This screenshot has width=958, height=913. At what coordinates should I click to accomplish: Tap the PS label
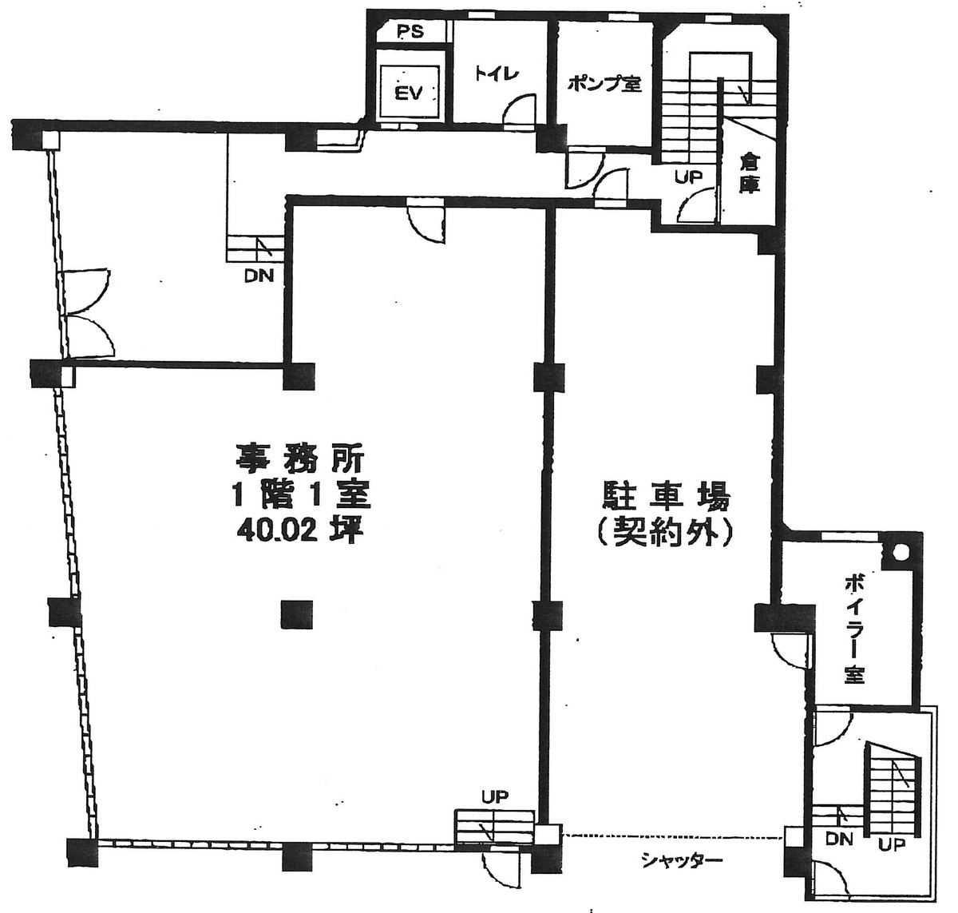tap(410, 33)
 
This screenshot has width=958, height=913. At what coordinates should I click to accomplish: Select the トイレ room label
tap(497, 73)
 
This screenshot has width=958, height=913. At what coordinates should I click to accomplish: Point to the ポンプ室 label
tap(604, 83)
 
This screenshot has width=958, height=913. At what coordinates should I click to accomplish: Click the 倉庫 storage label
tap(749, 173)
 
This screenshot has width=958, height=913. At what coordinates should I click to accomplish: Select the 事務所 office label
tap(299, 459)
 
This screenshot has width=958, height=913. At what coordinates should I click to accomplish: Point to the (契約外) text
tap(664, 533)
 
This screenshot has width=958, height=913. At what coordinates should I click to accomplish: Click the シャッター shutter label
tap(680, 860)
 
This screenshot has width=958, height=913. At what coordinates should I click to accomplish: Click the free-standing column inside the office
tap(296, 613)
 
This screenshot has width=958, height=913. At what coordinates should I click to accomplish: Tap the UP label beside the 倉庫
tap(688, 177)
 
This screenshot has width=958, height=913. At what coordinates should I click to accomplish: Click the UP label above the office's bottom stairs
tap(494, 796)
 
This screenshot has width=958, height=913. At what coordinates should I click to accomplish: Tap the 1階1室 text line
tap(299, 495)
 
